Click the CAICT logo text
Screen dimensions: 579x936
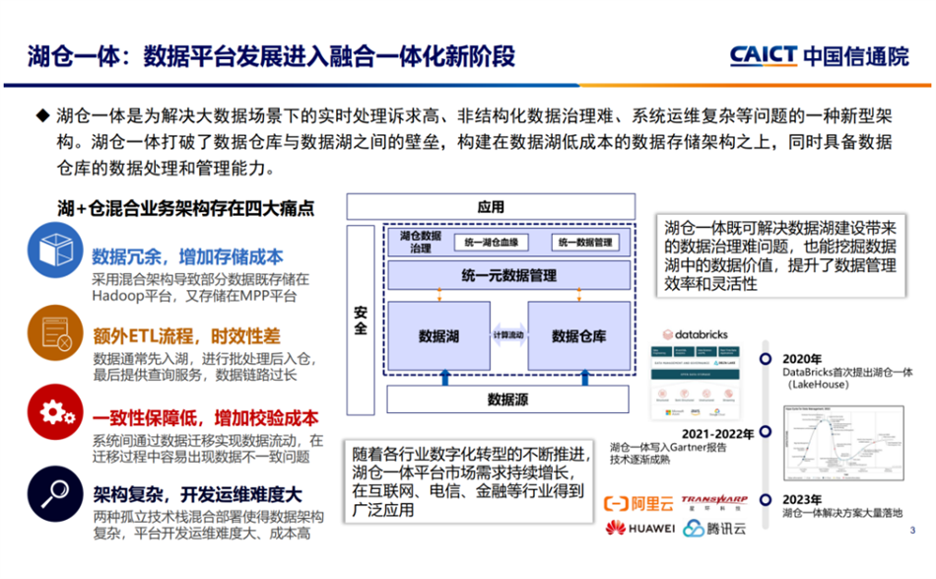tap(764, 55)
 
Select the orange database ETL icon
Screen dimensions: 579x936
tap(55, 330)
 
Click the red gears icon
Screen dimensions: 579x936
tap(55, 411)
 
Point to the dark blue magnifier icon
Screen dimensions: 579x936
tap(55, 490)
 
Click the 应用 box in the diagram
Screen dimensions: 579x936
tap(490, 207)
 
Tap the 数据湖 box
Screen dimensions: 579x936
tap(438, 336)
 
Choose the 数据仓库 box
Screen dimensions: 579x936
tap(578, 336)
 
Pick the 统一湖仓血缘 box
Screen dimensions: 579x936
tap(494, 243)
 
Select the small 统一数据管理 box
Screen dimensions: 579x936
tap(585, 243)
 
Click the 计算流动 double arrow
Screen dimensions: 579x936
tap(508, 336)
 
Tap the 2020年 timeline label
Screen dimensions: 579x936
tap(802, 357)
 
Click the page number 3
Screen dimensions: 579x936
tap(912, 530)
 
